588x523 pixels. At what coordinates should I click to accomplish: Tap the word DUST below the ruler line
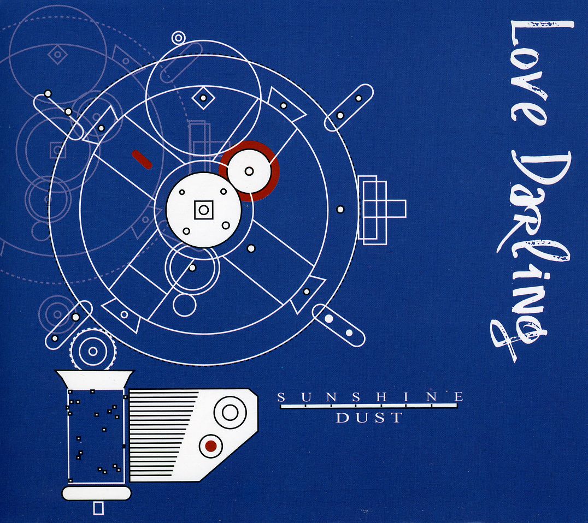[x=369, y=418]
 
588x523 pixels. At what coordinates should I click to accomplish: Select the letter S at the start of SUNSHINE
[x=281, y=397]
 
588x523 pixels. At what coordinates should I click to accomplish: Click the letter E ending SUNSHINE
[x=458, y=397]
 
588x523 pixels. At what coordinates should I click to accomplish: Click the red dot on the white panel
[x=211, y=446]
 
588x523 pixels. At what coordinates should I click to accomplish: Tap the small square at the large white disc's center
[x=204, y=210]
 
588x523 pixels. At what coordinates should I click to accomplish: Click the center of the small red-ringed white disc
[x=249, y=171]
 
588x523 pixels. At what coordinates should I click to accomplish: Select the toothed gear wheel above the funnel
[x=92, y=352]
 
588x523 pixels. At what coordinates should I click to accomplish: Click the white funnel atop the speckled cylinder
[x=94, y=379]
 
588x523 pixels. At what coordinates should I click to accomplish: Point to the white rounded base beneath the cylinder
[x=96, y=494]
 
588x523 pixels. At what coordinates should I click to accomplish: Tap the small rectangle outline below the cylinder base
[x=98, y=508]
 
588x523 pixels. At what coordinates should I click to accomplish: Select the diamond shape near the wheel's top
[x=203, y=98]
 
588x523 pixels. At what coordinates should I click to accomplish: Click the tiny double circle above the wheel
[x=179, y=38]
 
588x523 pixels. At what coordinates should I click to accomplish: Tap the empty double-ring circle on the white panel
[x=230, y=413]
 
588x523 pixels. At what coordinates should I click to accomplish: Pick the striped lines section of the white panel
[x=163, y=434]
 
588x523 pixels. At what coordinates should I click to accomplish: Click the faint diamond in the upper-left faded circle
[x=57, y=55]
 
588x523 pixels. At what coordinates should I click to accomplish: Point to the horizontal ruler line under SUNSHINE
[x=369, y=406]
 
